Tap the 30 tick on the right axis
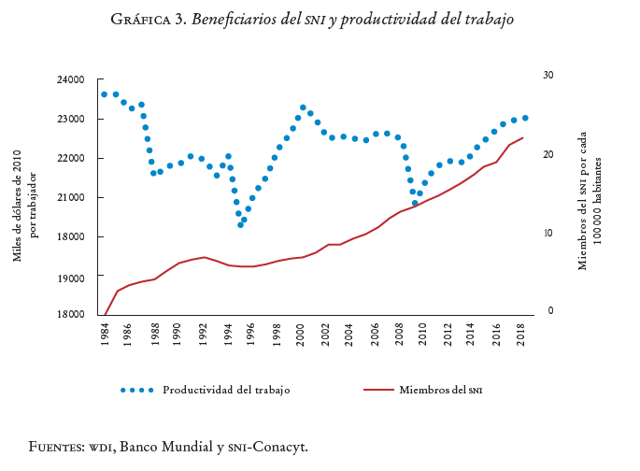tap(549, 75)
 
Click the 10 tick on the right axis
tap(549, 234)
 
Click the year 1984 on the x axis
tap(105, 334)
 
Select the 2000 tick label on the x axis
tap(301, 334)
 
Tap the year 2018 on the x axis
tap(520, 334)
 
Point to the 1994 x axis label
tap(227, 334)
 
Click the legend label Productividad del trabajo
tap(226, 390)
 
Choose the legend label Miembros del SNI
tap(441, 390)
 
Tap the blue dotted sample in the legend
tap(136, 390)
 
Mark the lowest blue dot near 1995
tap(240, 225)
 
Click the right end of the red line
tap(522, 138)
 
